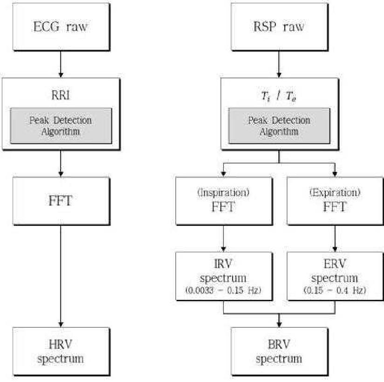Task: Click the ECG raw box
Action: (61, 27)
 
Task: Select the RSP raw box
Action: (279, 27)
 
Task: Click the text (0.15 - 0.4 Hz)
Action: (335, 291)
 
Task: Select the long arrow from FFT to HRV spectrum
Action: (61, 276)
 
